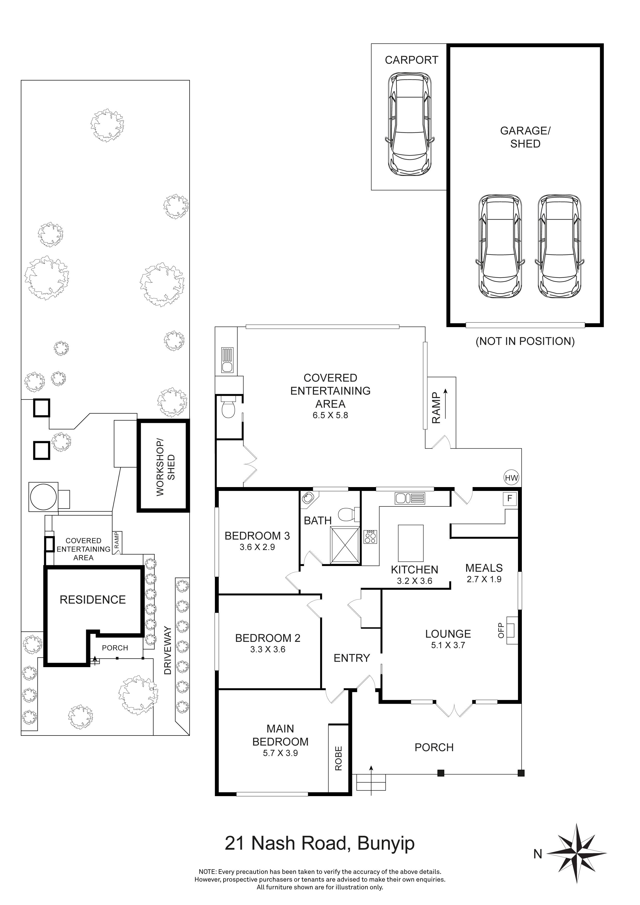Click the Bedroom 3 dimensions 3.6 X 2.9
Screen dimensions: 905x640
click(x=257, y=547)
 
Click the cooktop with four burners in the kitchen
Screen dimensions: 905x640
click(x=370, y=537)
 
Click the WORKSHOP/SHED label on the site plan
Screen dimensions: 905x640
click(x=165, y=467)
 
